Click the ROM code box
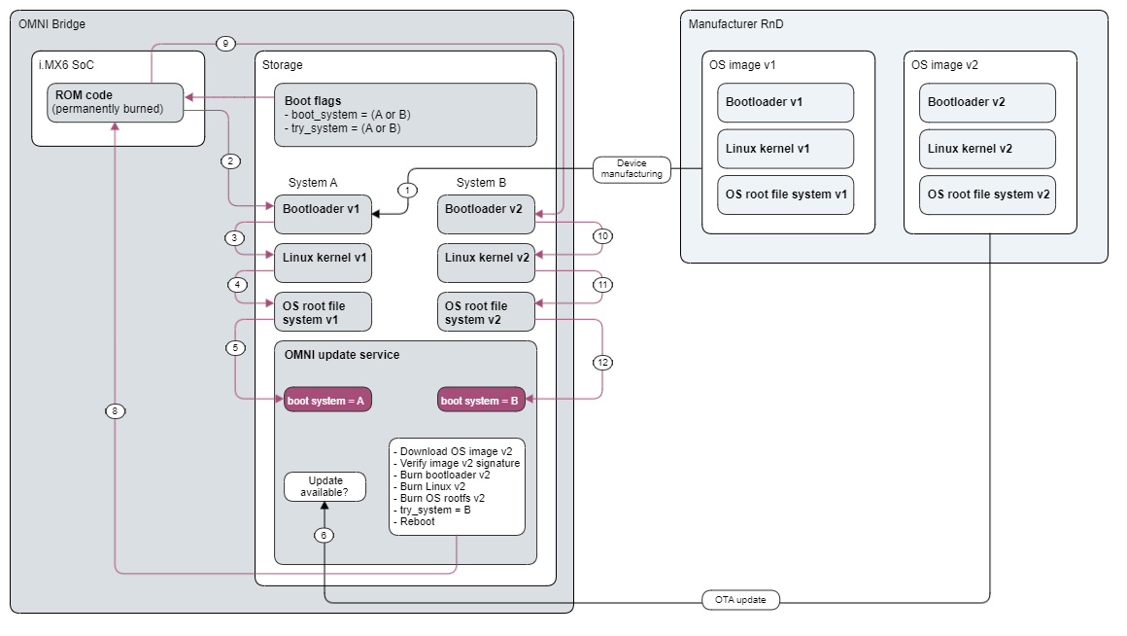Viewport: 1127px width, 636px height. point(116,103)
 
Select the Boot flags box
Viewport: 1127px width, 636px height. point(404,114)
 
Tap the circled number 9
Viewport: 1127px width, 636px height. point(224,44)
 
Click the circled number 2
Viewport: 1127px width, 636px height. point(229,159)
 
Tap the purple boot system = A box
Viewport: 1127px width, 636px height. point(327,400)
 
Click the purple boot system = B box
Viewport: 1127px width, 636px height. point(482,400)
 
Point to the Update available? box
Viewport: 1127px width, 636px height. point(325,487)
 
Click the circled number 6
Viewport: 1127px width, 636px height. point(324,535)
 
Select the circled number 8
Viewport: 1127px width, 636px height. point(115,411)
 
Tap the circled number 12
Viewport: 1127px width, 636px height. point(602,363)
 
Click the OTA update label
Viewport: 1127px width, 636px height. point(740,600)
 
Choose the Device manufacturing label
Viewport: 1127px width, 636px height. point(632,168)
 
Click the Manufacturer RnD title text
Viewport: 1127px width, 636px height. point(735,23)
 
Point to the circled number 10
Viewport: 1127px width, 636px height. point(602,236)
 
